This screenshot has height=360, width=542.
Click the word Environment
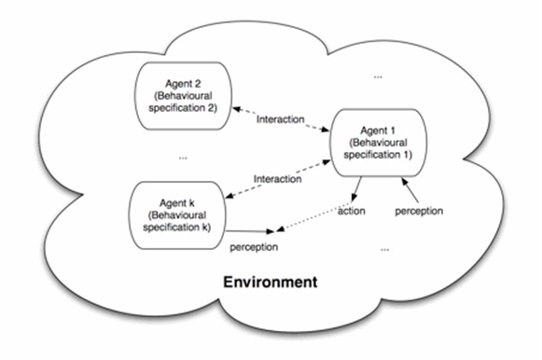[x=271, y=282]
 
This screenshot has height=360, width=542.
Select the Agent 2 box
[x=183, y=96]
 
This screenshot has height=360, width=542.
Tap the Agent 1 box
[x=378, y=143]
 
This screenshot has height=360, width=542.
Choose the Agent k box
[x=177, y=215]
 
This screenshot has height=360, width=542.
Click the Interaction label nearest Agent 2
[x=281, y=119]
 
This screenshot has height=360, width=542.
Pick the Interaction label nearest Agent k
[x=278, y=179]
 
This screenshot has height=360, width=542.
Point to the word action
[x=351, y=211]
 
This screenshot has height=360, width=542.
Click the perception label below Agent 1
[x=419, y=211]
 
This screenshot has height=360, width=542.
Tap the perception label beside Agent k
[x=254, y=247]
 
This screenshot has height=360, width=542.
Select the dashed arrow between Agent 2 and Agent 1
[x=281, y=119]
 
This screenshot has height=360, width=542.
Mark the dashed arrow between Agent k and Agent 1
[x=278, y=179]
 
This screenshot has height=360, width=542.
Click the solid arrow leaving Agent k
[x=250, y=231]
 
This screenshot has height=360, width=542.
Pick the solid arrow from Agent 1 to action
[x=356, y=189]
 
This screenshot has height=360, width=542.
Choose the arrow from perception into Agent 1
[x=410, y=189]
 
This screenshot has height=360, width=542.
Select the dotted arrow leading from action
[x=313, y=216]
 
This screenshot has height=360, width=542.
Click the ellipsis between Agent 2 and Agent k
[x=183, y=159]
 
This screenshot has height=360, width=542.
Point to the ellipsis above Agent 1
[x=378, y=77]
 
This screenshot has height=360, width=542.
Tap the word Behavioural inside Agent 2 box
[x=184, y=96]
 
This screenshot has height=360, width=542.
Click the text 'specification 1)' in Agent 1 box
[x=378, y=155]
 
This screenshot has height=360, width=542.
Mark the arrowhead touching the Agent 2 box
[x=236, y=109]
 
